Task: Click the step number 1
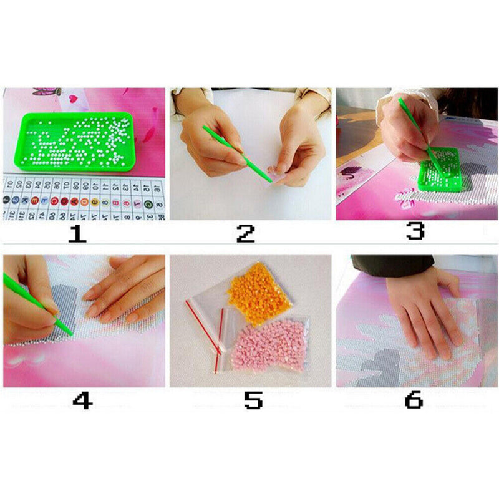tap(77, 235)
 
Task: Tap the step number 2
tap(246, 235)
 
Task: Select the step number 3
tap(415, 231)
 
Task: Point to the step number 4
tap(82, 400)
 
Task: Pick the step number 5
tap(253, 400)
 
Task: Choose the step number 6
tap(414, 400)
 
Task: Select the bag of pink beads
tap(268, 344)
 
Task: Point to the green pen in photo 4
tap(37, 306)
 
